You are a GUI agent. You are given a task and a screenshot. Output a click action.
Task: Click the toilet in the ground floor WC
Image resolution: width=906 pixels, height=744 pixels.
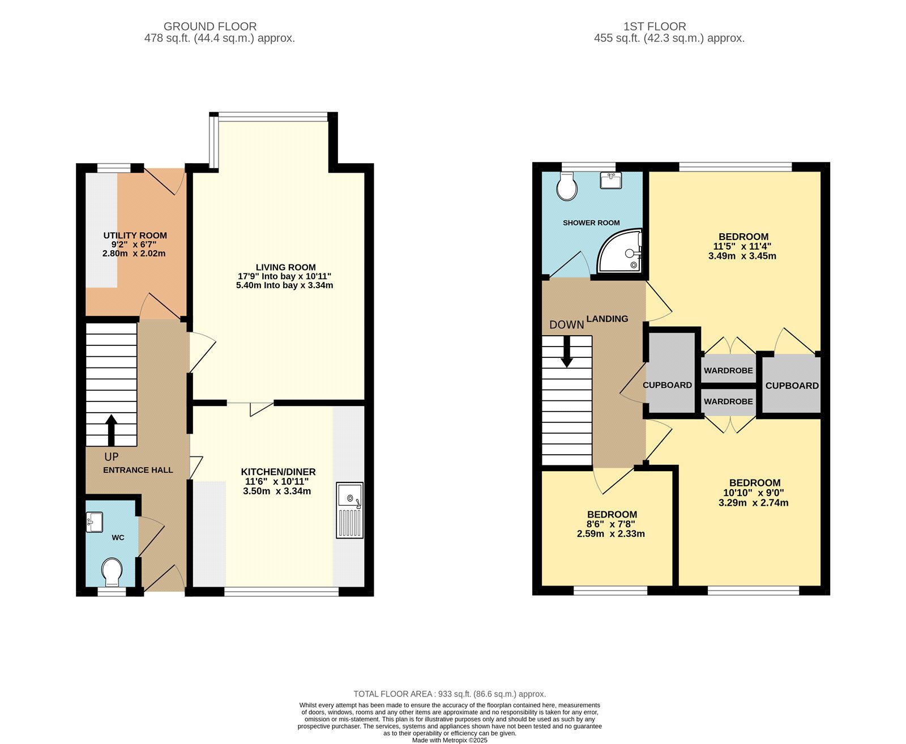point(113,572)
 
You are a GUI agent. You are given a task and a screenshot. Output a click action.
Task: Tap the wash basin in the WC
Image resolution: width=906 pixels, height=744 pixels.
point(94,522)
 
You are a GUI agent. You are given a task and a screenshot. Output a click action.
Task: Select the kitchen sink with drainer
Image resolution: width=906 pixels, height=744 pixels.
point(349,510)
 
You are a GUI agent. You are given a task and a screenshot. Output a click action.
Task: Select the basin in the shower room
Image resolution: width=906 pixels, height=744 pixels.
point(610,181)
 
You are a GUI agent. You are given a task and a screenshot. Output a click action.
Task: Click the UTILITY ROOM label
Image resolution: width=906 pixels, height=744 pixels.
point(135,236)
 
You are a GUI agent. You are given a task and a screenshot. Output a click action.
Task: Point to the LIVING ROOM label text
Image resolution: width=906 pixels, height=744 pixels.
point(285,267)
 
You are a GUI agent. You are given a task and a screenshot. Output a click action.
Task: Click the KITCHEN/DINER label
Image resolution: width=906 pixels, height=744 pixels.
point(278,472)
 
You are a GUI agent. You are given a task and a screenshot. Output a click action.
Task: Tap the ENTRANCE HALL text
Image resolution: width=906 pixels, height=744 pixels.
point(138,470)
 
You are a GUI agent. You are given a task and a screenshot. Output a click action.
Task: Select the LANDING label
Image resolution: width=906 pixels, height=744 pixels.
point(607,319)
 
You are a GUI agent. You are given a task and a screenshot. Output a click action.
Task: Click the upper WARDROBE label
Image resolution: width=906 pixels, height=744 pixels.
point(728,370)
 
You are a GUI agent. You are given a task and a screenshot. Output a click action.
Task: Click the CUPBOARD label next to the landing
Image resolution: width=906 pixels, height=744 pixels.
point(667,385)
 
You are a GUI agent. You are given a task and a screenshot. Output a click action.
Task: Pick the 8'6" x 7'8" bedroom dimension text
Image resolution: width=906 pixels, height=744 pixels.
point(611,524)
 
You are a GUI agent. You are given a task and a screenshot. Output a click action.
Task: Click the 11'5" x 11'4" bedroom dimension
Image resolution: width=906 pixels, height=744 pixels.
point(742,246)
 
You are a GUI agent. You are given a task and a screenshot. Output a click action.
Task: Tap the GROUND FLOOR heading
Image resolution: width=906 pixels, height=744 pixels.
point(210,27)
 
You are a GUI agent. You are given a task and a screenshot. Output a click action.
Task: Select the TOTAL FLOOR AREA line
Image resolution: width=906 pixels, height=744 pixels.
point(450,694)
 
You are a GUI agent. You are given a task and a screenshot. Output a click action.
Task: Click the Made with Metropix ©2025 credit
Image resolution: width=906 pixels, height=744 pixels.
point(450,740)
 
